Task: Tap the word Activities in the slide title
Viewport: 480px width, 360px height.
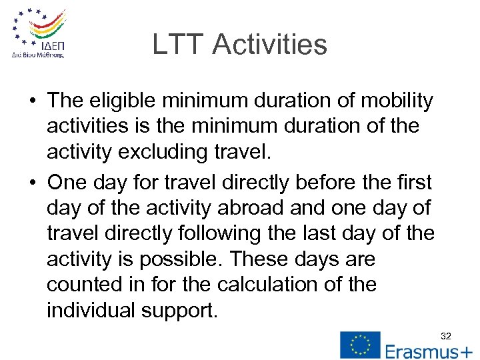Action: pyautogui.click(x=270, y=45)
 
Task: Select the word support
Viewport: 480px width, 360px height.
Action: pyautogui.click(x=179, y=311)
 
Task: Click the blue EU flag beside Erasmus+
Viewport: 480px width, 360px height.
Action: pyautogui.click(x=360, y=345)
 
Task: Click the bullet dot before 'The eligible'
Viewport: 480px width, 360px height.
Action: pyautogui.click(x=32, y=102)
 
